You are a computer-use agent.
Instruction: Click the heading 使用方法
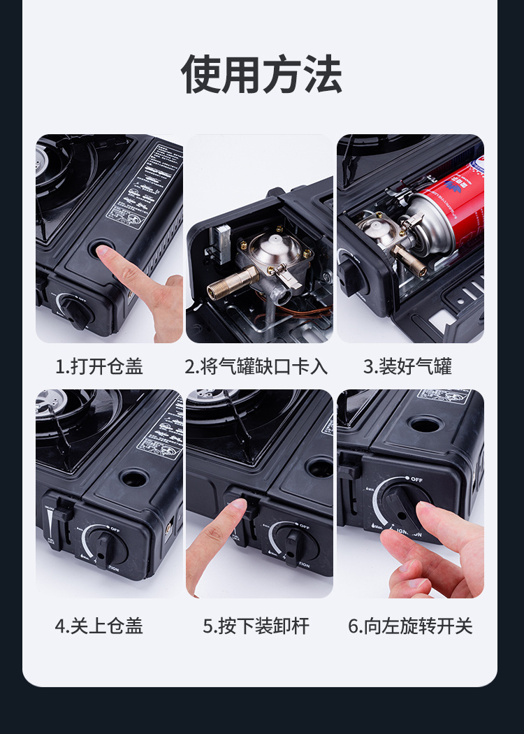[x=262, y=74]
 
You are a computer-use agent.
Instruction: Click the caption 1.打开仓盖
[x=99, y=366]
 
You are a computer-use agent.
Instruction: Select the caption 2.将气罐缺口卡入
[x=256, y=366]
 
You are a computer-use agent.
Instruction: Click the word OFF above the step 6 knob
[x=416, y=479]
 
